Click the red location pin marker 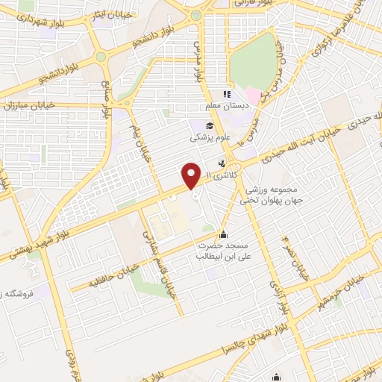coord(192,175)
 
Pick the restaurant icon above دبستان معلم coord(228,95)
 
